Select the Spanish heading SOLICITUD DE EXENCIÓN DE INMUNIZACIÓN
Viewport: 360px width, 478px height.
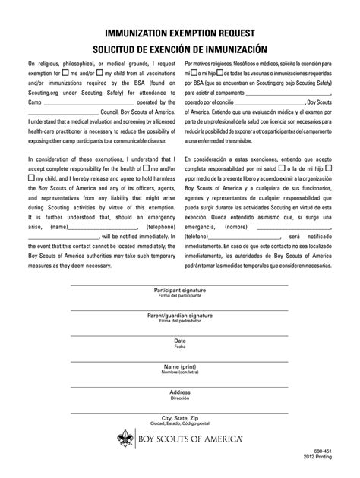179,48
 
